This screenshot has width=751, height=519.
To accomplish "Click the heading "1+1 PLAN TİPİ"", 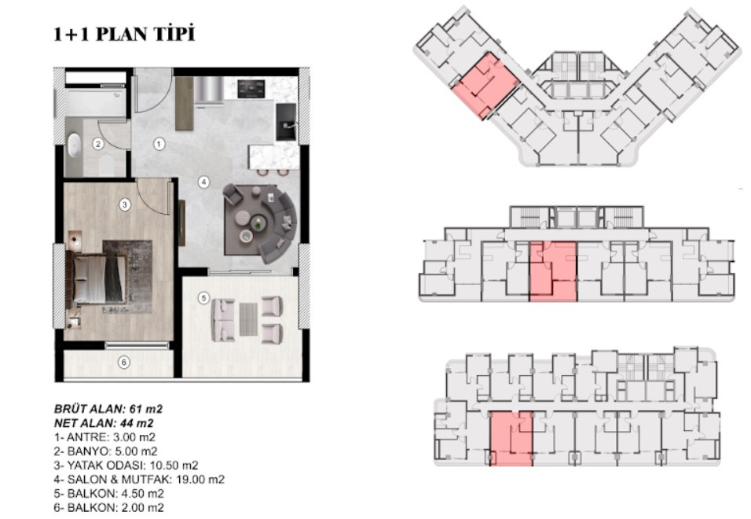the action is point(124,34).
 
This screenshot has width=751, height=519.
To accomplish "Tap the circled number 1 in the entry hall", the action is point(159,144).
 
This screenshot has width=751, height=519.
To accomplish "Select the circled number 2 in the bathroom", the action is point(98,144).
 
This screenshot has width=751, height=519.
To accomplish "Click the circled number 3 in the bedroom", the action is point(125,204).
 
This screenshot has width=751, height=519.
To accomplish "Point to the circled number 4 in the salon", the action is point(204,182).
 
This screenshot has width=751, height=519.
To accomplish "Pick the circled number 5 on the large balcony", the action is point(203,298).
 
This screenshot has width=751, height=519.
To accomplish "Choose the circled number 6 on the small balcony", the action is point(124,363).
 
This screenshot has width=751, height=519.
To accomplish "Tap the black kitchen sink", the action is point(286,122).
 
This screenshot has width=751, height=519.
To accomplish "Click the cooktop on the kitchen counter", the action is point(251,88).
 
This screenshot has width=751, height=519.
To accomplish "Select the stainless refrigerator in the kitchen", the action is point(209,90).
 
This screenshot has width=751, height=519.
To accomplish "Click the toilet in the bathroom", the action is point(106,165).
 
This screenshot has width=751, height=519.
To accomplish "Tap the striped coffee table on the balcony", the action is point(248,319).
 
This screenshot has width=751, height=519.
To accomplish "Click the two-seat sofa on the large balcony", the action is point(222,319).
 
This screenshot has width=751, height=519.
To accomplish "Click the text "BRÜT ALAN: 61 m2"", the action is point(108,409).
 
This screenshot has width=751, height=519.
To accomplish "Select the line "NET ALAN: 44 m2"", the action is point(104,423).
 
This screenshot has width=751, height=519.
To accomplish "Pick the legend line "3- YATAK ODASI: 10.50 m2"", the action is point(126,466).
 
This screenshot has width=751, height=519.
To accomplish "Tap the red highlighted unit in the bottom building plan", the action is point(511,439).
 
